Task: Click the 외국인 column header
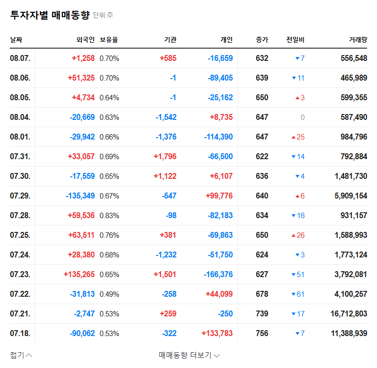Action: coord(85,39)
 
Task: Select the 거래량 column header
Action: coord(357,39)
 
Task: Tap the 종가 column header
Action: coord(262,39)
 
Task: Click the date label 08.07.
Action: coord(20,58)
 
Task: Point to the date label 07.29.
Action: coord(20,196)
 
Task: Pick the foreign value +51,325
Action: coord(81,78)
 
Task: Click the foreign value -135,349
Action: coord(80,196)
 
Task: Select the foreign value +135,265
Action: coord(79,275)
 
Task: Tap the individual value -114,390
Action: coord(216,137)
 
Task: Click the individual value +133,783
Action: coord(217,334)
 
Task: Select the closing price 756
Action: coord(262,334)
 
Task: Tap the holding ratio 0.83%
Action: coord(109,216)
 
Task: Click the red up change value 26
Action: coord(300,235)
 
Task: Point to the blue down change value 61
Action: coord(300,294)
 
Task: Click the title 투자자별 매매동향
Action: coord(50,15)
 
